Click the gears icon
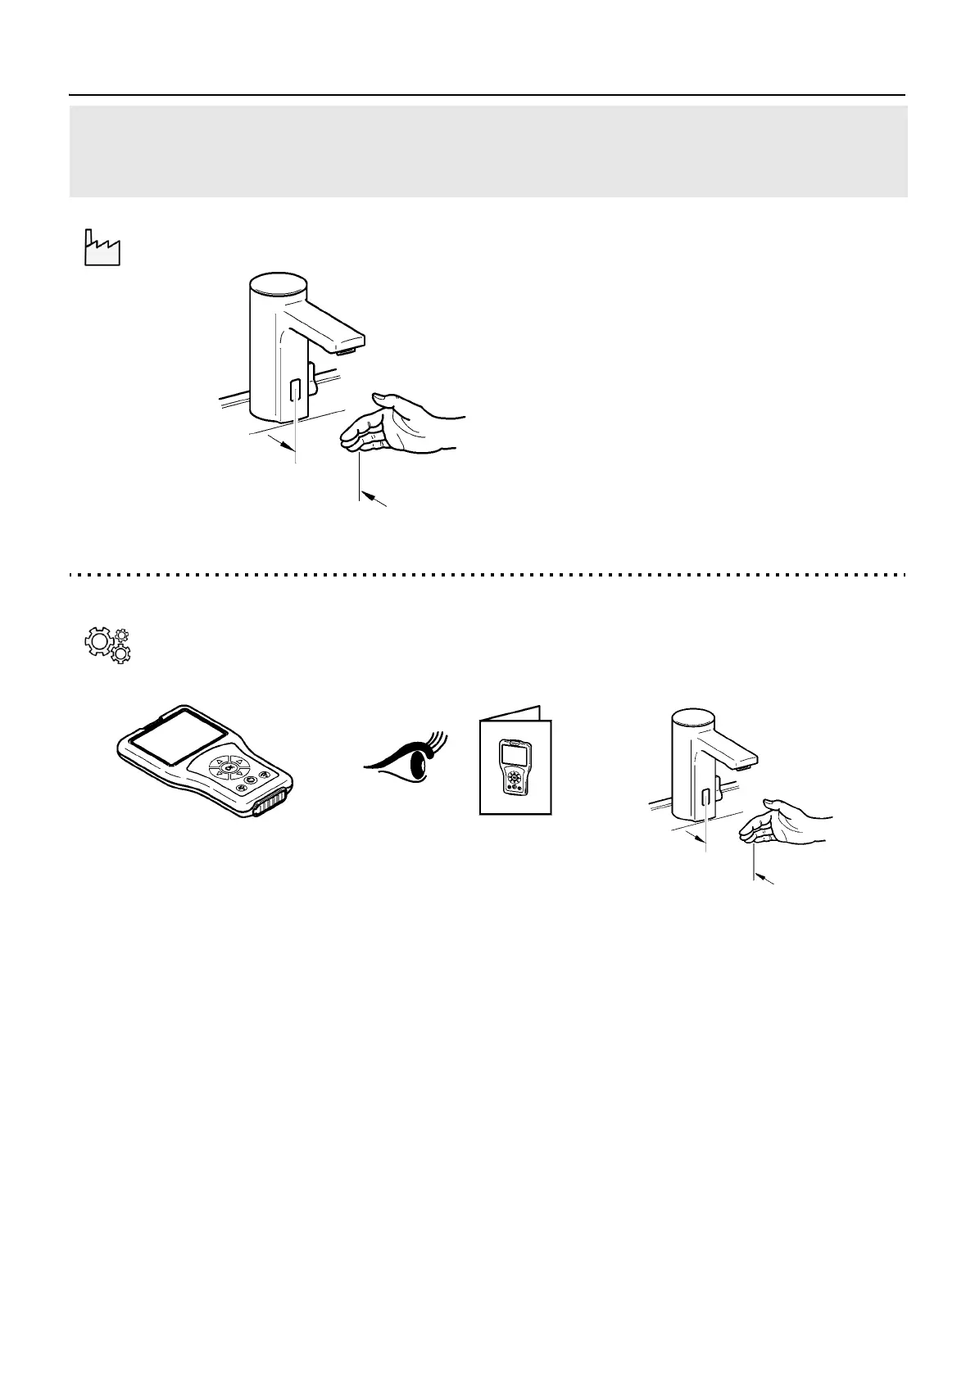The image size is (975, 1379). coord(108,645)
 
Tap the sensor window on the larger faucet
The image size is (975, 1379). coord(296,389)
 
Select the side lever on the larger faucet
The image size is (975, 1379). coord(312,378)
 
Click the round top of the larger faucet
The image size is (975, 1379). coord(277,284)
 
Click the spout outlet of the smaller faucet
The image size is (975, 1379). coord(742,767)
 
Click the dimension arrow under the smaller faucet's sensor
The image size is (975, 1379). coord(697,835)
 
